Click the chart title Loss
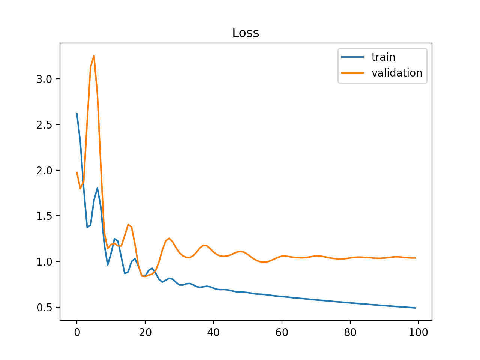(246, 33)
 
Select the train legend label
(383, 57)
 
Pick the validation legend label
(397, 73)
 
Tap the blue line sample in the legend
(352, 57)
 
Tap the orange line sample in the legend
(352, 73)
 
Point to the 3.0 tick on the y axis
(44, 79)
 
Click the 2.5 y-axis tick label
(44, 125)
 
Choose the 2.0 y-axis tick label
(44, 171)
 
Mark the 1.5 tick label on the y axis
(44, 216)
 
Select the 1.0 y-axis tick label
(44, 262)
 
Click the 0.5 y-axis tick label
(44, 307)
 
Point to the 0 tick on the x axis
(77, 332)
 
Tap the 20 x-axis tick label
(145, 332)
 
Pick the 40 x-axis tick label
(213, 332)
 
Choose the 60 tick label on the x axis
(282, 332)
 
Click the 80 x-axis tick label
(350, 332)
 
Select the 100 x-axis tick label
(418, 332)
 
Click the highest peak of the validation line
(94, 56)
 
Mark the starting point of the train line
(77, 114)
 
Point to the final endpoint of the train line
(415, 308)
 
